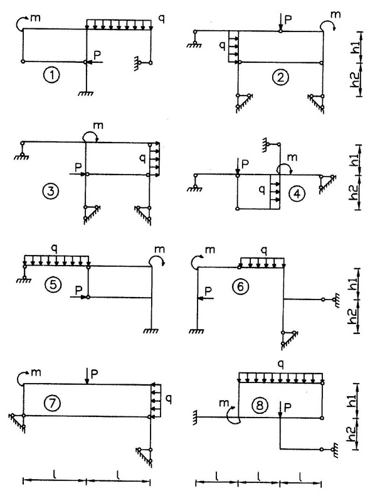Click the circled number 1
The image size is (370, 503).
tap(51, 75)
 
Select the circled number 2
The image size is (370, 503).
tap(280, 77)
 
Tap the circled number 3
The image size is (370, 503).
tap(50, 192)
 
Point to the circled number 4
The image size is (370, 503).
tap(297, 193)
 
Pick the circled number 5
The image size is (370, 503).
tap(53, 285)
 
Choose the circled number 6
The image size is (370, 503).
tap(240, 286)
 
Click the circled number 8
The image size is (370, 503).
tap(259, 406)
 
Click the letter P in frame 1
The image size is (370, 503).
tap(97, 55)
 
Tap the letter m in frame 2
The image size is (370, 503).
tap(336, 14)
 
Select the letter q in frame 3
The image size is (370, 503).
tap(142, 158)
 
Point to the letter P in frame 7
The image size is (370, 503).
tap(94, 374)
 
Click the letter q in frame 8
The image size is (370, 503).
tap(280, 365)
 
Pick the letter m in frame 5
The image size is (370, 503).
tap(159, 249)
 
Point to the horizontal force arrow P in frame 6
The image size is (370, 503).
tap(205, 298)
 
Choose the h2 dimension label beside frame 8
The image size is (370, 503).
tap(351, 434)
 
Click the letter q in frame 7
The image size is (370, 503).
tap(169, 399)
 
